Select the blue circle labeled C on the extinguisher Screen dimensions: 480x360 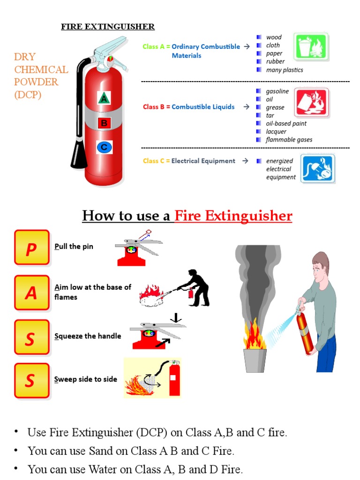[x=105, y=147]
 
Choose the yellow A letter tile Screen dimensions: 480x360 [x=31, y=292]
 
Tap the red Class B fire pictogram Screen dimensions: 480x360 [x=311, y=102]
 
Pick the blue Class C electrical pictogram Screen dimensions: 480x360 [x=317, y=168]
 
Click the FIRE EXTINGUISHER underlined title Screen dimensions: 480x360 [x=107, y=27]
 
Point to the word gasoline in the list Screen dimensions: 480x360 [x=277, y=91]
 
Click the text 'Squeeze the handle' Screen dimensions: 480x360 [x=87, y=336]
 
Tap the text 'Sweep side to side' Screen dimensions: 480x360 [x=85, y=379]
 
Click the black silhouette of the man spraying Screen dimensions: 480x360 [x=196, y=287]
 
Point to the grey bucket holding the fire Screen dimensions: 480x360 [x=255, y=360]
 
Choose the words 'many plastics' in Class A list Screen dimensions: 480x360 [x=284, y=70]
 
